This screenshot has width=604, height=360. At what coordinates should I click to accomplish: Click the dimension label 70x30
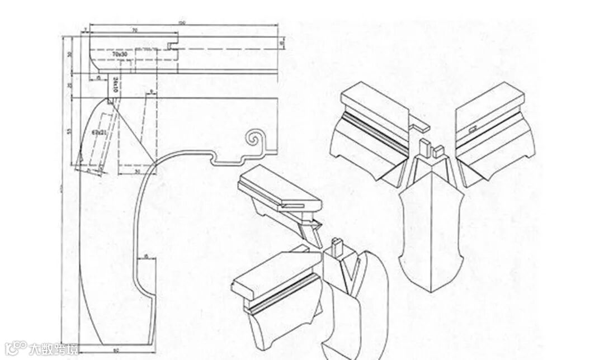tap(119, 55)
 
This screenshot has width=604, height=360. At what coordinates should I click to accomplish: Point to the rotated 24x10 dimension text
tap(114, 84)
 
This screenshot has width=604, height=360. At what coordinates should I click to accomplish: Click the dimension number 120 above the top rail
tap(182, 23)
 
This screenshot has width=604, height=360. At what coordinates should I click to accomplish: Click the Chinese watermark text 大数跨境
tap(54, 349)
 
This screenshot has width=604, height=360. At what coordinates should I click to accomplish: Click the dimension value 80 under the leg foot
tap(116, 351)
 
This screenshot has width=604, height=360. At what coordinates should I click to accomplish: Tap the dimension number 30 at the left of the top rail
tap(70, 54)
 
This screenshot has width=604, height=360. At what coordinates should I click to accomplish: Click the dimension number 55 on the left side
tap(70, 131)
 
